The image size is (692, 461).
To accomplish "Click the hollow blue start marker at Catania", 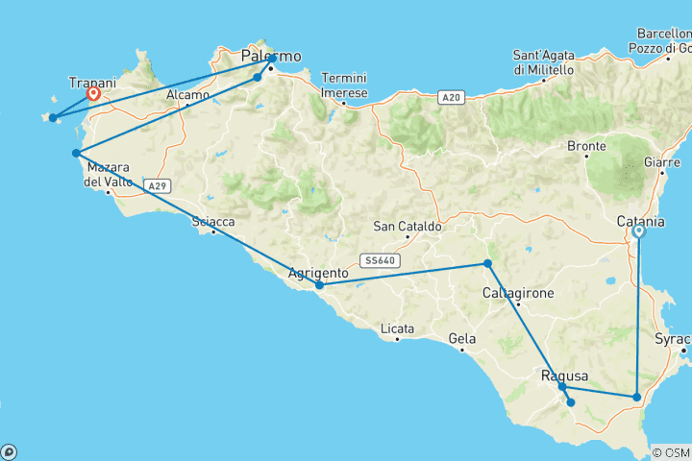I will (639, 231).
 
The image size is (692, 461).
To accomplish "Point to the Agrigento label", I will (318, 273).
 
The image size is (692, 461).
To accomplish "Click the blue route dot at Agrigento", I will (319, 285).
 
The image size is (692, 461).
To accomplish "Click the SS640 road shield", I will (379, 259).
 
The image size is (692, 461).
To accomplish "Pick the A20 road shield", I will (451, 97).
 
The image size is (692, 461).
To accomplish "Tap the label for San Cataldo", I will (408, 227).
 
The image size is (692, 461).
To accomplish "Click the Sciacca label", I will (213, 222).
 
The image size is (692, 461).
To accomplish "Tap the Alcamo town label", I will (187, 95).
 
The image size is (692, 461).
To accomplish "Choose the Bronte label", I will (587, 146).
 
